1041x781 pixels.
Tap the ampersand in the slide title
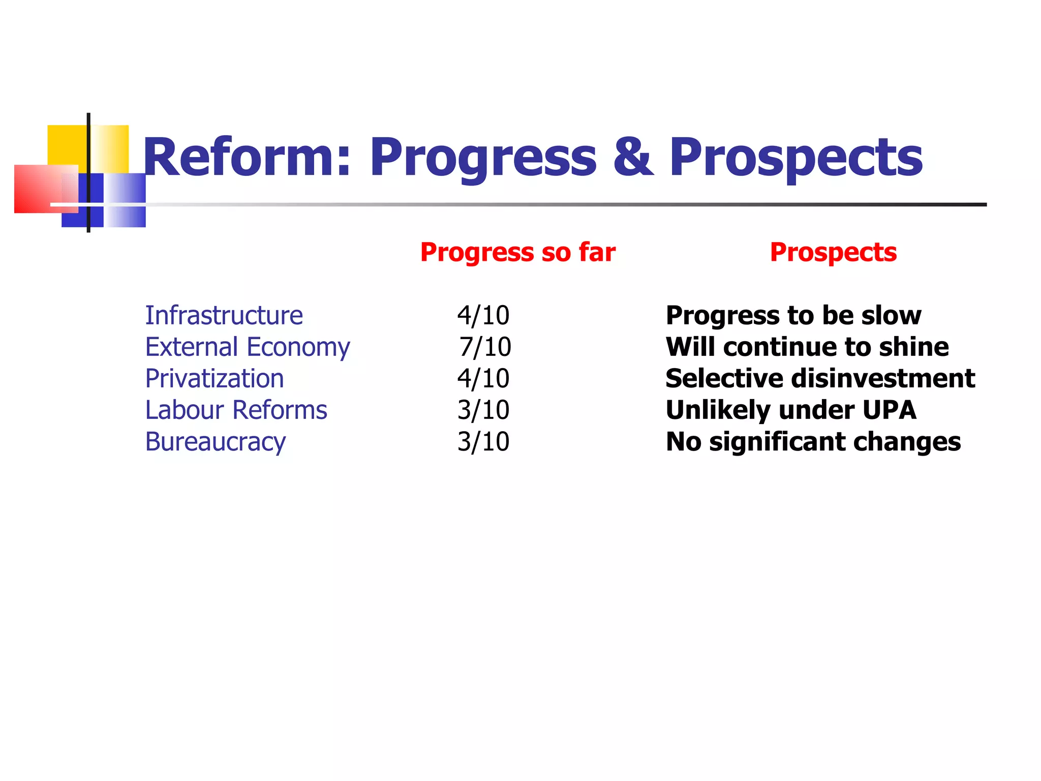tap(632, 158)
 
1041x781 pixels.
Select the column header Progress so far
tap(517, 252)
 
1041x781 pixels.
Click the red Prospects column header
tap(833, 252)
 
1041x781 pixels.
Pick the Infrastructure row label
tap(224, 315)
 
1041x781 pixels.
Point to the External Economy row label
tap(248, 347)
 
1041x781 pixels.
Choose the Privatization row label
tap(214, 379)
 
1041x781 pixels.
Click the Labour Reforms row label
tap(236, 410)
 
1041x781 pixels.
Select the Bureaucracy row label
tap(216, 442)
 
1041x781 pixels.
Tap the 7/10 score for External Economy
tap(485, 347)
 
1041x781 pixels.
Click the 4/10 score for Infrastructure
tap(483, 315)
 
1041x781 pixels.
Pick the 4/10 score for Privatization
tap(483, 379)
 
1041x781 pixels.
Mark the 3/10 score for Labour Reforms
tap(483, 410)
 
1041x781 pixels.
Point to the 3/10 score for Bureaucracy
tap(483, 442)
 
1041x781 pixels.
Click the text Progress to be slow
tap(793, 315)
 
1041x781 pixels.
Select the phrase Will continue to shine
tap(807, 347)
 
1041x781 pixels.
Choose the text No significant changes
tap(813, 442)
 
